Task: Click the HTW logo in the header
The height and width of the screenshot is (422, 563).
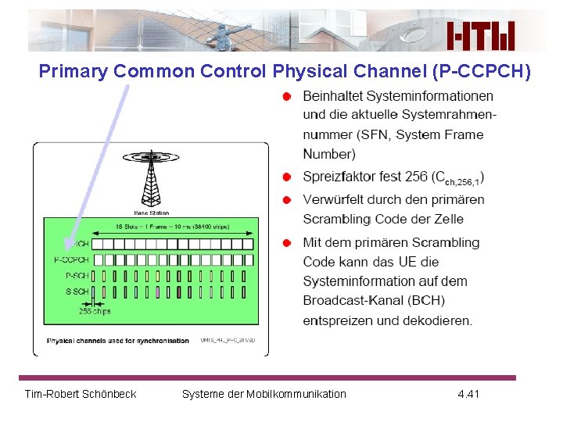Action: (x=481, y=36)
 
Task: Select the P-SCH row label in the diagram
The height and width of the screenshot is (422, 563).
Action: (x=77, y=275)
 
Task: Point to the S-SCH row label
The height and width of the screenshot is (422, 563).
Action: (x=77, y=291)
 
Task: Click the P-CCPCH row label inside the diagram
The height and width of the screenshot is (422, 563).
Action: (x=71, y=259)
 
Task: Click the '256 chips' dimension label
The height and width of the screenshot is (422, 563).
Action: (x=95, y=310)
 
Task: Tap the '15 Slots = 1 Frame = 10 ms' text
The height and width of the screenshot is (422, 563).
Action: (x=172, y=227)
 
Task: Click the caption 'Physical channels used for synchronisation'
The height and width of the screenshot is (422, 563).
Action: (x=117, y=341)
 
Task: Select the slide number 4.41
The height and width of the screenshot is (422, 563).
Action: (x=468, y=394)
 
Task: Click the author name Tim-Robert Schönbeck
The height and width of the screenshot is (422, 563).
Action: (x=81, y=394)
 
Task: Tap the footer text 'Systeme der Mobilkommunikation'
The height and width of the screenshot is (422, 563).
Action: (x=264, y=394)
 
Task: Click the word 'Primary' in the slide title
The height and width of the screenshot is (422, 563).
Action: (x=74, y=72)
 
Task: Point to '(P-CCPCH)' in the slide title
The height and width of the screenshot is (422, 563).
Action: (x=481, y=72)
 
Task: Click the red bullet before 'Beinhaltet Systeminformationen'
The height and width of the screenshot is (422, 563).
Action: (x=288, y=96)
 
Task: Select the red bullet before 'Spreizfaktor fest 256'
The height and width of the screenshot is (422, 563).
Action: (x=288, y=177)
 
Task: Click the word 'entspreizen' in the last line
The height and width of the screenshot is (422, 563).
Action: (x=338, y=320)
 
